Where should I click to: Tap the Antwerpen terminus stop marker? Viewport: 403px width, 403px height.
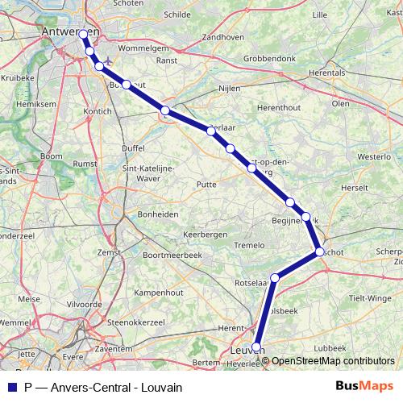pos(82,33)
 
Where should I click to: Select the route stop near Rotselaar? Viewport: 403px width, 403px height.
pos(275,278)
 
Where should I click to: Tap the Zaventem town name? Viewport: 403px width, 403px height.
pos(113,350)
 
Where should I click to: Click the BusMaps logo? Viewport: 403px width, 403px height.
pos(364,386)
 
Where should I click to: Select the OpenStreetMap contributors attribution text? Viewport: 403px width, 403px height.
pos(333,361)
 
